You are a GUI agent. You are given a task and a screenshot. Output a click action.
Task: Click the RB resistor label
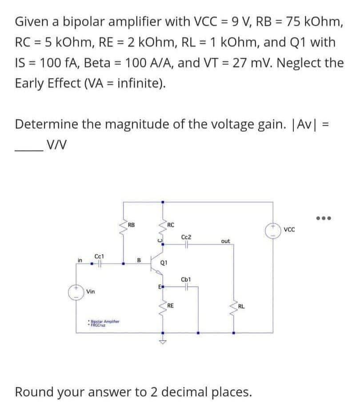coord(131,224)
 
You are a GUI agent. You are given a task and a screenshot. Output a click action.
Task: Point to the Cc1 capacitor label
coord(99,256)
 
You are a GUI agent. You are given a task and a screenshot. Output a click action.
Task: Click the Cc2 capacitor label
coord(187,238)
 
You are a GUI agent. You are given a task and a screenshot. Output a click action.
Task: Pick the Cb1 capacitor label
coord(186,279)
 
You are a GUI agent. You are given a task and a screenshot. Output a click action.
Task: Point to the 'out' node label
coord(225,241)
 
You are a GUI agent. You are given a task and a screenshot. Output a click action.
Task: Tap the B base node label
coord(139,260)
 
